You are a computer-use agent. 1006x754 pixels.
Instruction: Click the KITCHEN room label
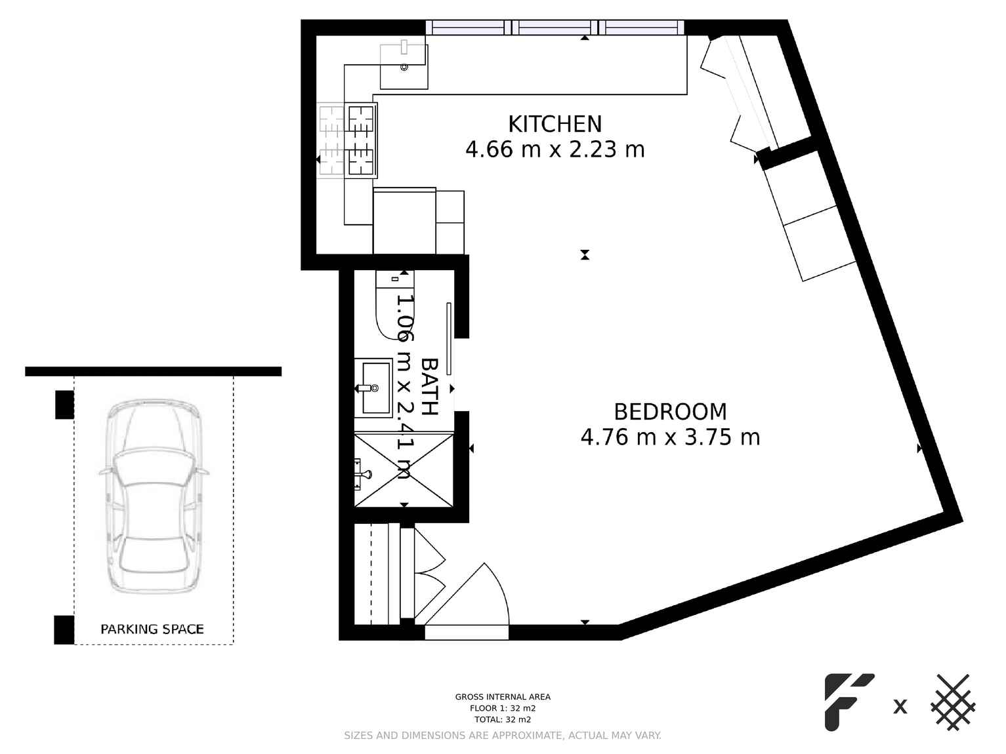tap(555, 124)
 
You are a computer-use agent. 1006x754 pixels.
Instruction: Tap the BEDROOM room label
tap(670, 412)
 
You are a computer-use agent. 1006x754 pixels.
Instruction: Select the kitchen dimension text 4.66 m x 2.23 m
tap(555, 149)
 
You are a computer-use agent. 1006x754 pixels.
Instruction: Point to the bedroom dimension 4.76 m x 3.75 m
tap(670, 437)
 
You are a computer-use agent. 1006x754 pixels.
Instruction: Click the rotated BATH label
tap(429, 386)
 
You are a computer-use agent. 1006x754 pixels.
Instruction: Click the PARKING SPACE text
tap(152, 629)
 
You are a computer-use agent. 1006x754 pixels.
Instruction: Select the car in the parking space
tap(154, 496)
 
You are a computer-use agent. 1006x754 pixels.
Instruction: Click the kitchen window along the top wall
tap(555, 28)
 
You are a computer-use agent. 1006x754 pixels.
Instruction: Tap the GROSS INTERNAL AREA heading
tap(503, 697)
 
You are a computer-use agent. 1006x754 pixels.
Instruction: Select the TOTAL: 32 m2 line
tap(503, 719)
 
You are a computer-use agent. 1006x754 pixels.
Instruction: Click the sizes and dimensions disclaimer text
tap(503, 736)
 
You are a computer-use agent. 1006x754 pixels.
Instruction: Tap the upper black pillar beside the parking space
tap(64, 405)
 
